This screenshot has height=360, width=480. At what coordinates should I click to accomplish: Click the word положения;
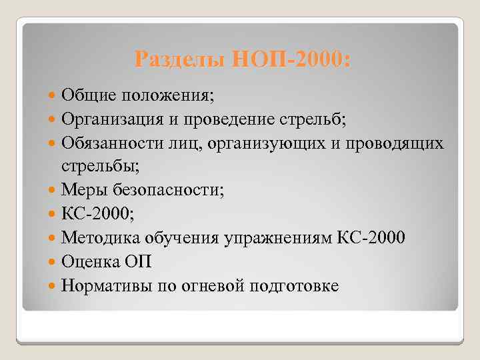point(166,95)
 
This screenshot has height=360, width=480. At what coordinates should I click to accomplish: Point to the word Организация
point(114,119)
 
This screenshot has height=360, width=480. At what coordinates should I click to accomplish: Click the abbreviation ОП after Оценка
point(141,263)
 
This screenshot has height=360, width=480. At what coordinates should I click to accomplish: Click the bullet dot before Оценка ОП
point(53,263)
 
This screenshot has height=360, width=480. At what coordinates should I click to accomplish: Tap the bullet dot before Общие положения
point(53,95)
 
